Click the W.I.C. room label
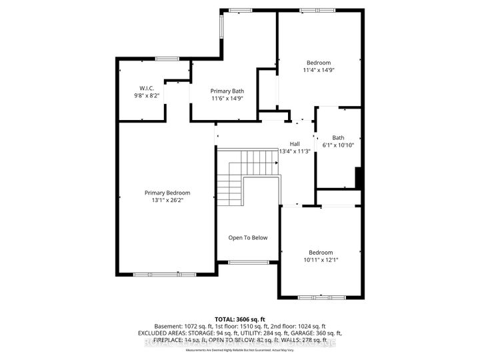[x=147, y=87]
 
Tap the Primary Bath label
[x=227, y=91]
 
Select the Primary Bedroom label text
[x=167, y=193]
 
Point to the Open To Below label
[x=248, y=237]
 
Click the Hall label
[x=295, y=144]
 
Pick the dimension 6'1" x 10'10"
[x=338, y=145]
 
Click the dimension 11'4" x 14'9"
[x=319, y=69]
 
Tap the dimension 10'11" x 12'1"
[x=321, y=259]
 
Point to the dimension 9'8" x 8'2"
[x=147, y=95]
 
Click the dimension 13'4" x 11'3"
[x=295, y=151]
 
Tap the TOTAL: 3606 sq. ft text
[x=239, y=319]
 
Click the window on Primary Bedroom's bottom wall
[x=155, y=274]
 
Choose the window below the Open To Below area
[x=248, y=262]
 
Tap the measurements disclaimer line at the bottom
[x=239, y=349]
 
